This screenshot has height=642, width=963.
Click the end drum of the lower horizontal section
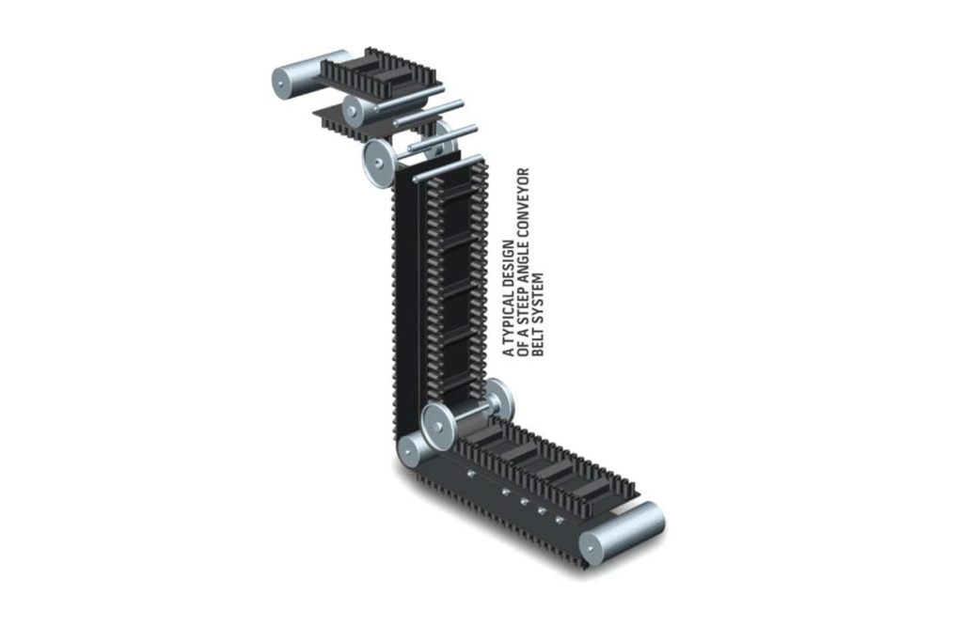click(x=621, y=533)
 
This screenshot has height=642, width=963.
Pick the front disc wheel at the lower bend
click(x=438, y=427)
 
